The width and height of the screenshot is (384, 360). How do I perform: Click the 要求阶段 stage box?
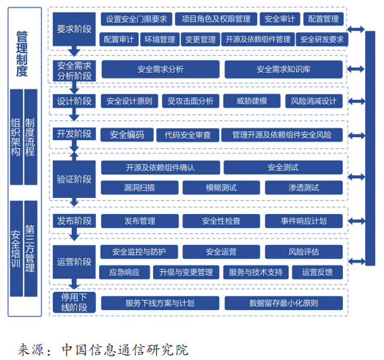tap(74, 29)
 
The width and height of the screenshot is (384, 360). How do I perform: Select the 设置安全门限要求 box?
tap(136, 19)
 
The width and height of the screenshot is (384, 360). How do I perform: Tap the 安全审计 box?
tap(280, 19)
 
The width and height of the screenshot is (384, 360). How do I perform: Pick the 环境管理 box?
tap(160, 40)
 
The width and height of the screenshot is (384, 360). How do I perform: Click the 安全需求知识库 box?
tap(284, 70)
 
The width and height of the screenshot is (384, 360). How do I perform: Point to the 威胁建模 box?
tap(252, 101)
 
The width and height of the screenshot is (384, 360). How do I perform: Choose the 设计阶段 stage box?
tap(74, 101)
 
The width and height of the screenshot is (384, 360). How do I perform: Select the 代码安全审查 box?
tap(188, 135)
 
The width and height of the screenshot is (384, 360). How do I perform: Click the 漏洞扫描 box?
tap(139, 188)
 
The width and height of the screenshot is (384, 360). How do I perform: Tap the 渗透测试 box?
tap(303, 188)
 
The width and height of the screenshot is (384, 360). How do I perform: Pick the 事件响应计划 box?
tap(303, 221)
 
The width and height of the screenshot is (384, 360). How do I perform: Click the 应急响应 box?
tap(125, 272)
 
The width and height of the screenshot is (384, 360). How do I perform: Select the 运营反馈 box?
tap(317, 272)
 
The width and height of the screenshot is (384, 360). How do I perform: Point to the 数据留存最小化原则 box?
tap(284, 303)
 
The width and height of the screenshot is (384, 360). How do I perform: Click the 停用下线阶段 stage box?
tap(74, 302)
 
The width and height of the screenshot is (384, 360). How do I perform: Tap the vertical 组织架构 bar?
tap(16, 137)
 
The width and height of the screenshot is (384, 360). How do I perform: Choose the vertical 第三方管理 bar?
tap(31, 249)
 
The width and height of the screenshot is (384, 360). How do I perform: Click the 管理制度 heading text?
tap(22, 54)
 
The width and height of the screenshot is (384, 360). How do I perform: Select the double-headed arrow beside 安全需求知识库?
tap(356, 69)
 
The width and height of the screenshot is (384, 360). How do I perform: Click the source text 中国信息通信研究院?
tap(125, 350)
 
